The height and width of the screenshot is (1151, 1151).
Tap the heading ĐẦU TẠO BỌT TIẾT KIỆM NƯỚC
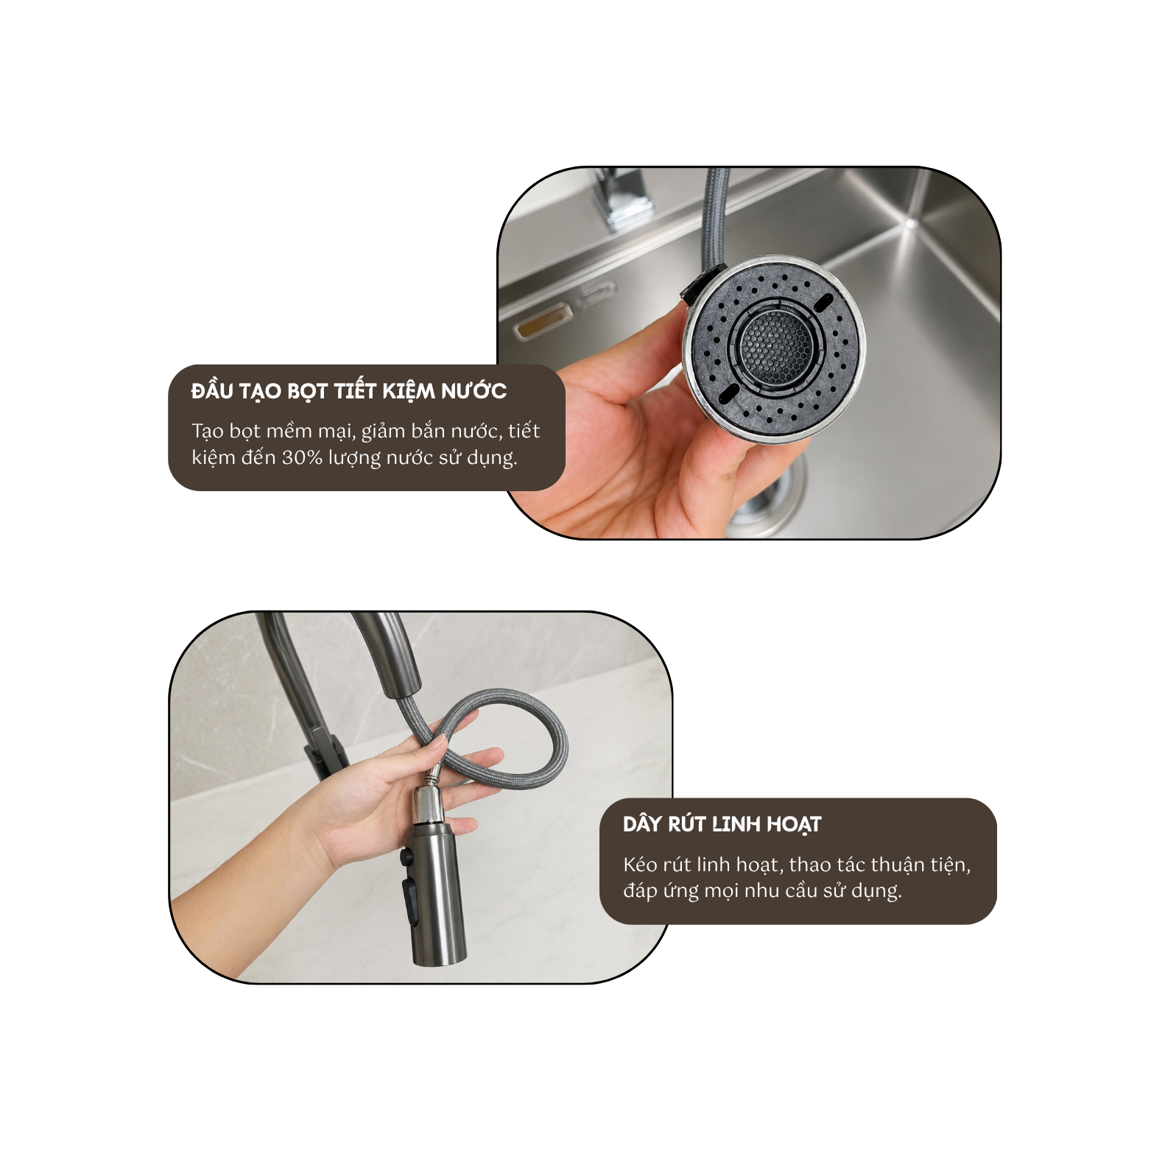(348, 391)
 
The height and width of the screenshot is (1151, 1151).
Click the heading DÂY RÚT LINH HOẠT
(722, 824)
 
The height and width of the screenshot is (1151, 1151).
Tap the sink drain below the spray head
(766, 493)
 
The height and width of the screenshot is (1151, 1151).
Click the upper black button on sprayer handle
(406, 856)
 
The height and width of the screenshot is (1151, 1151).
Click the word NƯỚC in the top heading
(474, 391)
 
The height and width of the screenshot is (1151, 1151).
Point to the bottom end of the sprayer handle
(439, 957)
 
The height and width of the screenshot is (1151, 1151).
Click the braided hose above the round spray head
(714, 214)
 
